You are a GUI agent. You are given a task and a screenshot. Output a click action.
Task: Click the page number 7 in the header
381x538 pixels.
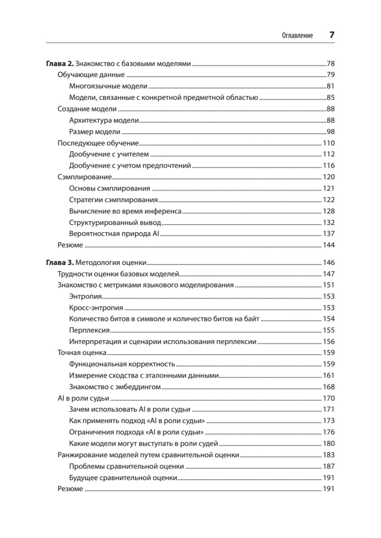pos(332,35)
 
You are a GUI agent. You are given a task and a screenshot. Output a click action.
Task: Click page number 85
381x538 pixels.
pos(331,97)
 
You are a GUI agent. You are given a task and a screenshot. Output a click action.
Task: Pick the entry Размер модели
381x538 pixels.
pos(95,132)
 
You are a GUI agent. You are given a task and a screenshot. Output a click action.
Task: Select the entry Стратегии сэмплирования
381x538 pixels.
pos(113,200)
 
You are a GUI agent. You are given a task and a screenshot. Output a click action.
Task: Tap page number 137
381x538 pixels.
pos(329,234)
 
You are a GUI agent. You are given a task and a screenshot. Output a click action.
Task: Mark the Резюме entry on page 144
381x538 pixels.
pos(70,245)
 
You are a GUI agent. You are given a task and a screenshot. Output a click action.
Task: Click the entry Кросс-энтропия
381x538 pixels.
pos(96,308)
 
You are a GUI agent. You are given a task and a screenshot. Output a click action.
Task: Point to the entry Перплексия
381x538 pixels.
pos(90,330)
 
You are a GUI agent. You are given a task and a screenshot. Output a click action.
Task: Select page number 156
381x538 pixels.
pos(329,342)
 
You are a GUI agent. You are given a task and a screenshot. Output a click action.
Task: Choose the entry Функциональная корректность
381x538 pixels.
pos(122,364)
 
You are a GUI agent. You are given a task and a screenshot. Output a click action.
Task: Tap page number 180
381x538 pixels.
pos(329,444)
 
